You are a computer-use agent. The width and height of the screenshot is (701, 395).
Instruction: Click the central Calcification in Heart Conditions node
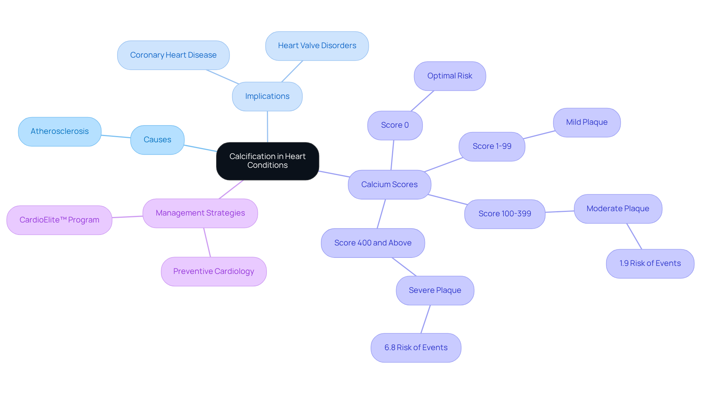tap(267, 161)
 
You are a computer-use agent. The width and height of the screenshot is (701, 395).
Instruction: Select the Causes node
tap(157, 140)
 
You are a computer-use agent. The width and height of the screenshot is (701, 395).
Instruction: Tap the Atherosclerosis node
tap(60, 131)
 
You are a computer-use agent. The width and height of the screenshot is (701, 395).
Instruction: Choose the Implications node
tap(267, 96)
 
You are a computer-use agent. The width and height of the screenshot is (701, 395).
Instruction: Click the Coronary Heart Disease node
tap(173, 55)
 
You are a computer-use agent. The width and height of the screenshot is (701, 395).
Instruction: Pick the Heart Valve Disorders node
tap(317, 46)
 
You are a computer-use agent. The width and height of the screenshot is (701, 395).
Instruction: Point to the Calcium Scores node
tap(389, 185)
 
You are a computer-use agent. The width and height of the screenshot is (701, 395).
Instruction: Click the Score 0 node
tap(395, 125)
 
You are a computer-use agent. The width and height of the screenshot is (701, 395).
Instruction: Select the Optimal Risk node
tap(449, 76)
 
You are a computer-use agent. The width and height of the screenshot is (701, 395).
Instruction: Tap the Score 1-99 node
tap(492, 146)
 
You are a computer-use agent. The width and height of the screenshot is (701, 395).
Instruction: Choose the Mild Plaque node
tap(586, 122)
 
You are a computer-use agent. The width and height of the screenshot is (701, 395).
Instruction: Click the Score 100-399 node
tap(505, 214)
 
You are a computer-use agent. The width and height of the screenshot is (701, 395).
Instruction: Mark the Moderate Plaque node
tap(618, 209)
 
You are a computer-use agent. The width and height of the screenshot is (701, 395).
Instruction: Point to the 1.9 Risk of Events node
tap(650, 263)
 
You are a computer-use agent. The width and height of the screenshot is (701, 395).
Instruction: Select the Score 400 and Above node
tap(373, 243)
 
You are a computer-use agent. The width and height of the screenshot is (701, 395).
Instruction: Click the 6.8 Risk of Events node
tap(415, 348)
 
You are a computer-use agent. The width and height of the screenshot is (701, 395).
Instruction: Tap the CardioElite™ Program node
tap(59, 220)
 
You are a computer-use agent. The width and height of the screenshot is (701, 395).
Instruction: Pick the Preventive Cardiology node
tap(214, 271)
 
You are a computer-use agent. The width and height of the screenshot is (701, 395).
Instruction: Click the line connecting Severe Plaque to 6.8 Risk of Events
tap(426, 319)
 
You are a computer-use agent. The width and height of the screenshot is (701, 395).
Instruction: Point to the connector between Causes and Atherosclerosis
tap(116, 136)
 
